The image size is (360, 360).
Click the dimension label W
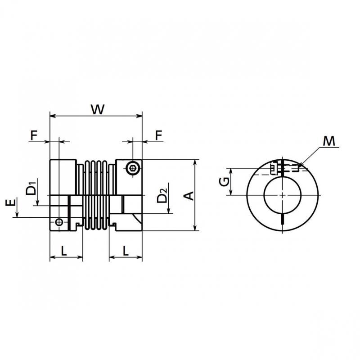[98, 109]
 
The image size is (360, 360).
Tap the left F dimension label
[34, 135]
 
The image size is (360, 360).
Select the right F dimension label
[159, 135]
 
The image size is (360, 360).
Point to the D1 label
[31, 188]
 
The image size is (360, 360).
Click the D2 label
[162, 195]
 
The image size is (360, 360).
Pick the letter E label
[11, 202]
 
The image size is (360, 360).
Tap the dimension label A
[189, 196]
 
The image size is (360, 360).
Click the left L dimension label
[63, 251]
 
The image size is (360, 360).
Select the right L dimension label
[126, 251]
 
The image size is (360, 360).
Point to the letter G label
[224, 182]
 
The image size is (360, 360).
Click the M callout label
[329, 141]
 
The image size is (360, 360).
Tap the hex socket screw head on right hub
[133, 168]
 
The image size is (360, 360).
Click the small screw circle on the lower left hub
[59, 222]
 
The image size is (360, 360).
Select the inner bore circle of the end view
[264, 195]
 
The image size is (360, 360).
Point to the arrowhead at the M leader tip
[300, 165]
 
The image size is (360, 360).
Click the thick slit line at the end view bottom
[283, 219]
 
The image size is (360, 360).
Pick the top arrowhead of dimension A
[195, 162]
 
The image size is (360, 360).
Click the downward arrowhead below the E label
[17, 215]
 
